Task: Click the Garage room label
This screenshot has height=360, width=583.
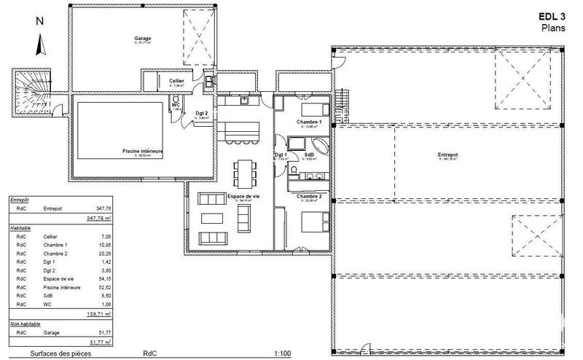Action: pos(142,39)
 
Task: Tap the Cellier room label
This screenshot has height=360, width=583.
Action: pos(176,80)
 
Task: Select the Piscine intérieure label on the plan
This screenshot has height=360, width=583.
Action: pos(142,152)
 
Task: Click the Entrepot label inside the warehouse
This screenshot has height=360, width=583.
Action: pos(447,154)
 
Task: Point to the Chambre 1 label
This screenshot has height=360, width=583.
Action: pos(309,122)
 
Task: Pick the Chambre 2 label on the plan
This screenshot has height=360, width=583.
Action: pos(309,196)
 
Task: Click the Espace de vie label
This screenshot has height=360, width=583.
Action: pos(244,197)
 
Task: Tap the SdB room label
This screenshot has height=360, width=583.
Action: pos(309,154)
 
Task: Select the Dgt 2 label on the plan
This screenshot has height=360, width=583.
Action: pos(202,113)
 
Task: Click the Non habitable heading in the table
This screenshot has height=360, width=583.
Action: pos(26,323)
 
